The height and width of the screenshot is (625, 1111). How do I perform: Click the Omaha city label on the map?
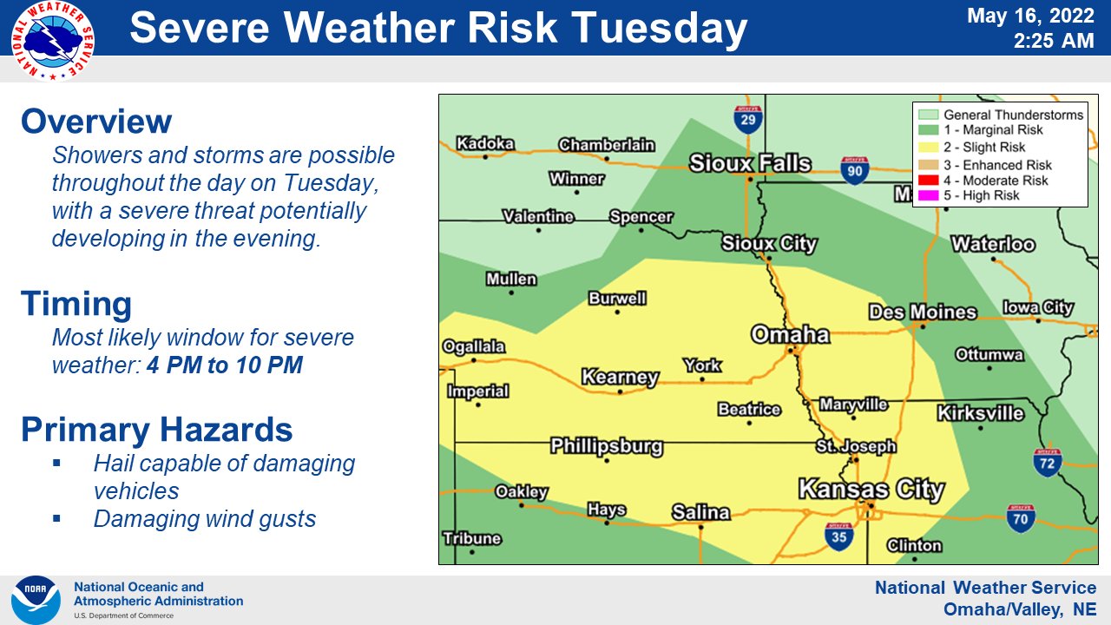tap(790, 334)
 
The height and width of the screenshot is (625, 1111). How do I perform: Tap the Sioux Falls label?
tap(750, 163)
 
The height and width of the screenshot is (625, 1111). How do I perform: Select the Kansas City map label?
tap(871, 489)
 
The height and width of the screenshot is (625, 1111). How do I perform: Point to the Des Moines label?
tap(923, 312)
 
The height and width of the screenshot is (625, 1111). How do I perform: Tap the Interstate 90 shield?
tap(855, 170)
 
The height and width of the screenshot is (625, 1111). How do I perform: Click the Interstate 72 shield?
tap(1048, 463)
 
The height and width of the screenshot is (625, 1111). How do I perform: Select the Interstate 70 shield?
tap(1021, 518)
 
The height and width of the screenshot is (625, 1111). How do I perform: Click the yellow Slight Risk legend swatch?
tap(928, 148)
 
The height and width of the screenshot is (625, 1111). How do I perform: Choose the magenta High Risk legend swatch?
tap(928, 196)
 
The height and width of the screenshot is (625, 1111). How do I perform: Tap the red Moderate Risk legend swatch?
tap(928, 181)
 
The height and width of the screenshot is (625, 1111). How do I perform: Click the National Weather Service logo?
tap(53, 41)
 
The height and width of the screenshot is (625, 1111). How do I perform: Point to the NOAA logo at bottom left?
tap(36, 600)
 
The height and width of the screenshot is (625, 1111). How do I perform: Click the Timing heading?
tap(76, 305)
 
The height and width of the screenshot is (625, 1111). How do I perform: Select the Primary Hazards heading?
tap(156, 431)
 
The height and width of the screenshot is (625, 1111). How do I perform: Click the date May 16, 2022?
tap(1031, 16)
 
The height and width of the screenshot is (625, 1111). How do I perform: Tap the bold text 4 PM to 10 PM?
tap(225, 365)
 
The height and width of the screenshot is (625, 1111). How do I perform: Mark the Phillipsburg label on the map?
tap(607, 447)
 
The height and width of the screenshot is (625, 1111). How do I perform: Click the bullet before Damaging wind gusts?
tap(56, 519)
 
